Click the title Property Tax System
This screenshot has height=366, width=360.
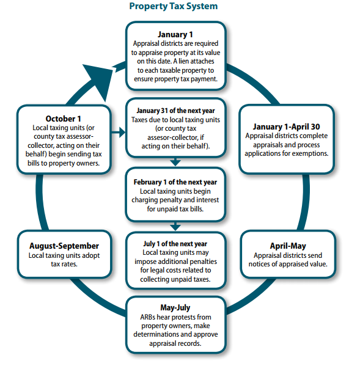174,7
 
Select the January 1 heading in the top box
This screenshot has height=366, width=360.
175,34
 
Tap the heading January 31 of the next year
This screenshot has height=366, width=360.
175,111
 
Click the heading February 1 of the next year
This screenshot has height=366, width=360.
175,181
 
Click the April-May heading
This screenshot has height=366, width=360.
288,246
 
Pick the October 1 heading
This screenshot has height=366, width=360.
63,119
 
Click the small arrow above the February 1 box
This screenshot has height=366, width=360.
175,162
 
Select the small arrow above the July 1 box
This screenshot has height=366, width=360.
175,226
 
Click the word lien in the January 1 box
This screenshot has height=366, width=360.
195,61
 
